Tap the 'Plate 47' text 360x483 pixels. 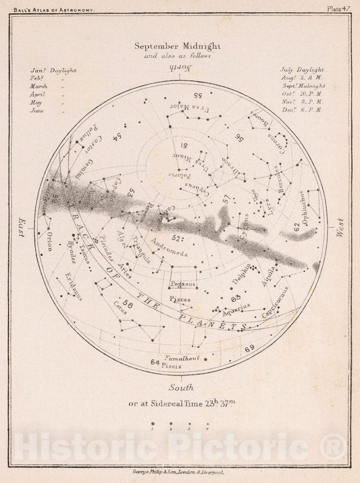(340, 9)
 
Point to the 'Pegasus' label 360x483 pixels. (181, 286)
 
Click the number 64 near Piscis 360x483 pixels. (155, 363)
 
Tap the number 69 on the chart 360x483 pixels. (249, 348)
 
